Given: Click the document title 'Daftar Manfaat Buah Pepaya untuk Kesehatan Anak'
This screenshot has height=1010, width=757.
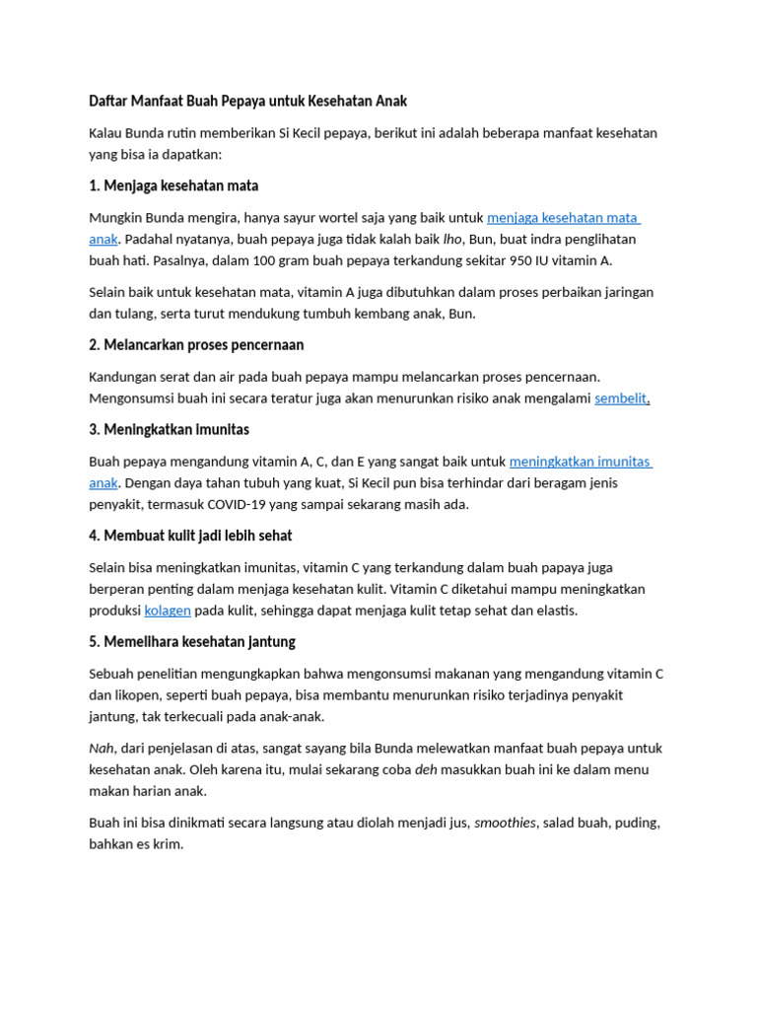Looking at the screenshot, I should coord(247,102).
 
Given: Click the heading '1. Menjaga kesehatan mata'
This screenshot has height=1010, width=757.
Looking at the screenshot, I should coord(173,185).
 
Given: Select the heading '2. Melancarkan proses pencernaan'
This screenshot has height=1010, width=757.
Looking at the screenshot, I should coord(196,345).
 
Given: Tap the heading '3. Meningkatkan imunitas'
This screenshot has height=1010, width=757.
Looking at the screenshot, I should coord(169,430).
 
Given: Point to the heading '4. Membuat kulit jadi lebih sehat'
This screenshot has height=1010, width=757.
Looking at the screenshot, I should coord(190,536).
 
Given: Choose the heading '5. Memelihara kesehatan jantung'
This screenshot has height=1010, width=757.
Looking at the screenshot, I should coord(192,642).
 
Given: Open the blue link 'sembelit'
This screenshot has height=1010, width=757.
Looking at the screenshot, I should coord(620,398).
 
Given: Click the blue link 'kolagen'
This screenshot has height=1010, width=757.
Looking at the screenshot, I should coord(168,611).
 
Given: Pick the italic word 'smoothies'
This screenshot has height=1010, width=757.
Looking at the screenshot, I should coord(506,823).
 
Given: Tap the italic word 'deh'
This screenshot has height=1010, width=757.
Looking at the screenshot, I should coord(426,770).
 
